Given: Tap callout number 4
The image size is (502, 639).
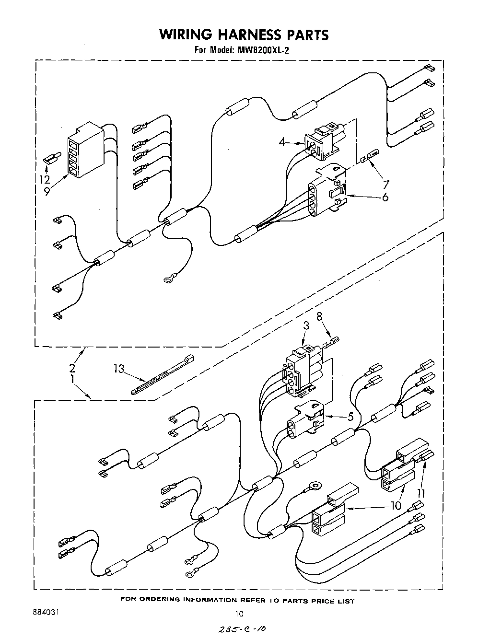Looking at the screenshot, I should pyautogui.click(x=282, y=141).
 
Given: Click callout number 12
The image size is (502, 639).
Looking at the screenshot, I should pyautogui.click(x=45, y=179).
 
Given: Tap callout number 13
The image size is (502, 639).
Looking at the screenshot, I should pyautogui.click(x=119, y=369).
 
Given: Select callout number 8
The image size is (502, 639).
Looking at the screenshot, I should pyautogui.click(x=319, y=316).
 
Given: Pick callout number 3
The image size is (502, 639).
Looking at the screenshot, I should pyautogui.click(x=306, y=326).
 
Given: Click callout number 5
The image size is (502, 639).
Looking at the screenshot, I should pyautogui.click(x=350, y=417).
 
